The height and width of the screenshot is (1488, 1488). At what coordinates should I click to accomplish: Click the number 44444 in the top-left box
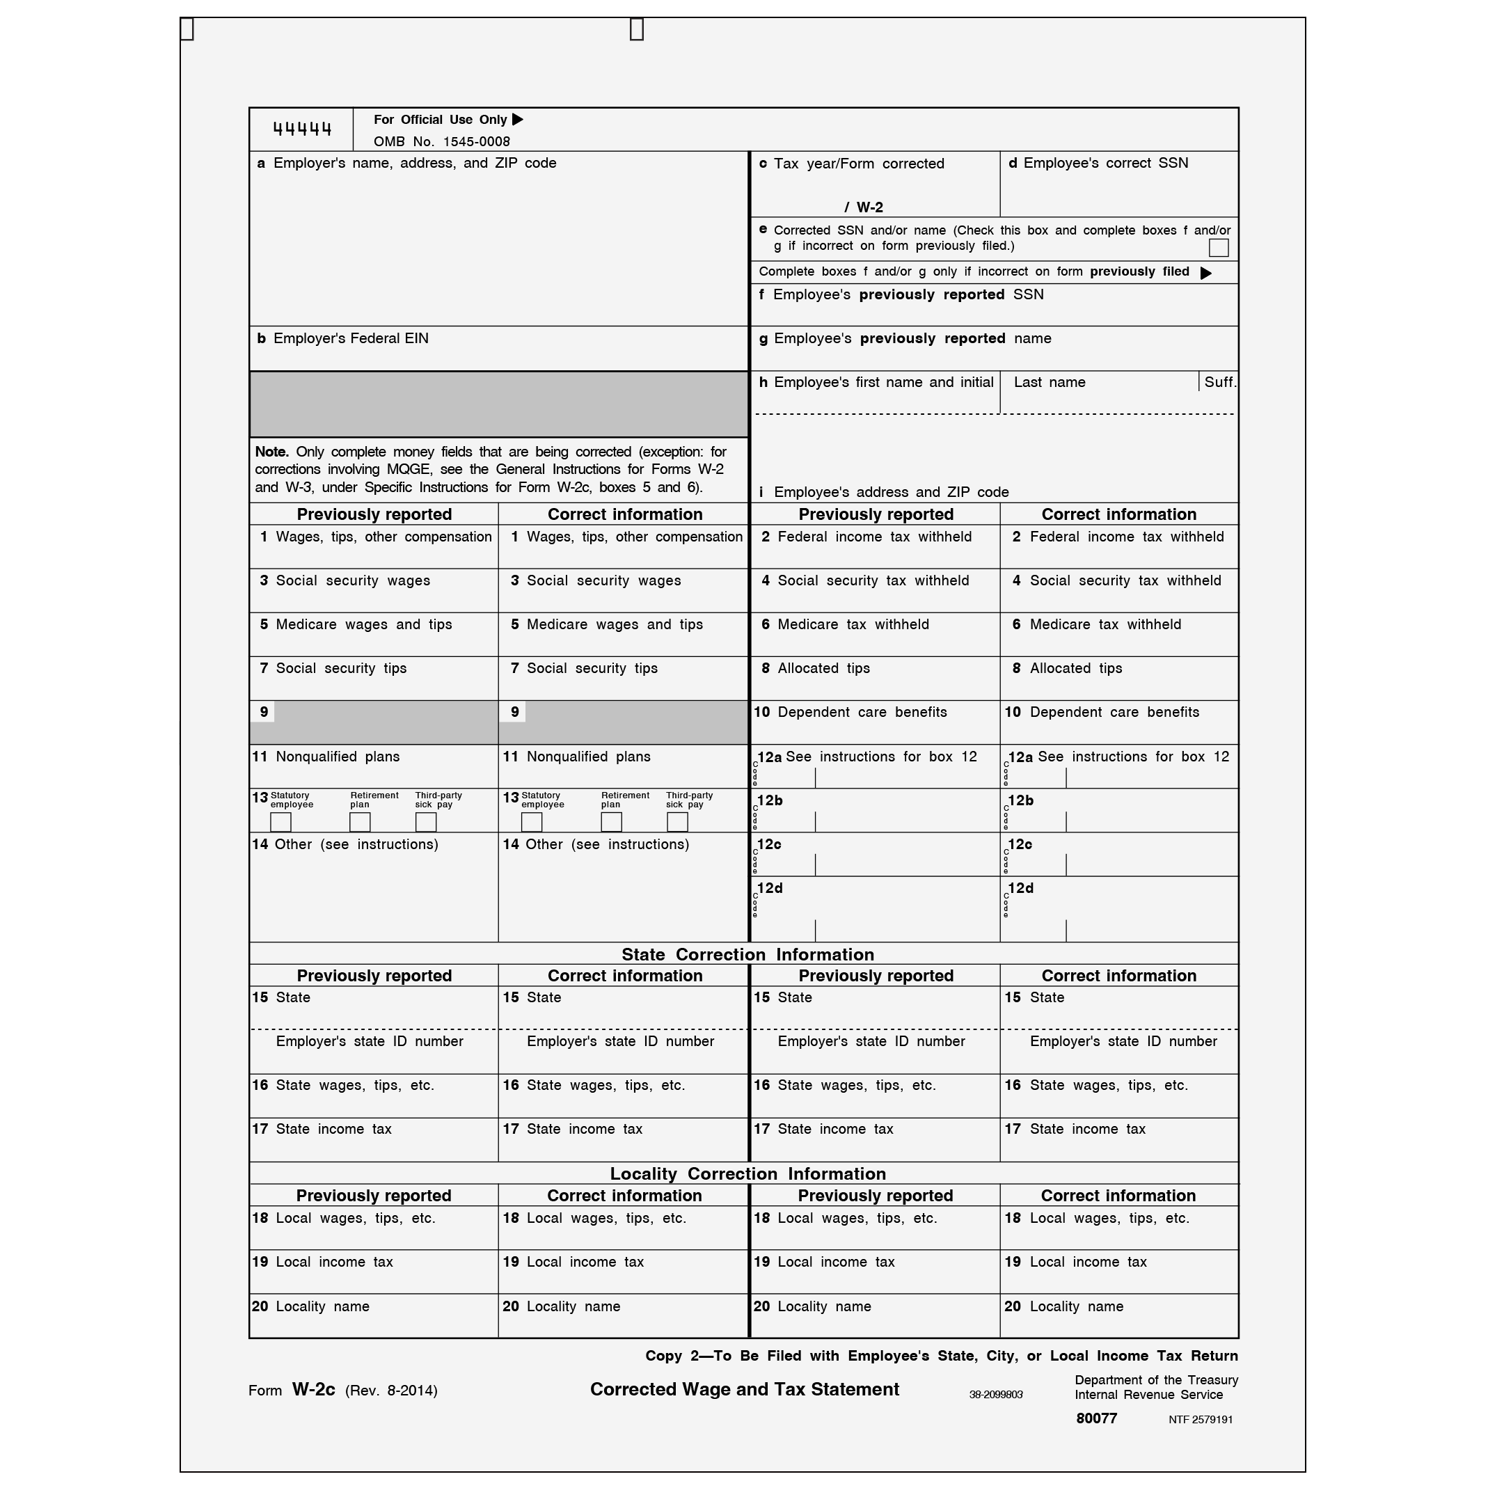pos(302,129)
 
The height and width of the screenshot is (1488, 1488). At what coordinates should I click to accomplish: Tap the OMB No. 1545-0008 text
pos(441,142)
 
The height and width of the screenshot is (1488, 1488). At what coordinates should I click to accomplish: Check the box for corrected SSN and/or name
pos(1218,247)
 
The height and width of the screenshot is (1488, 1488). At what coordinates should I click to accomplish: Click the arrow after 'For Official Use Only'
pos(518,120)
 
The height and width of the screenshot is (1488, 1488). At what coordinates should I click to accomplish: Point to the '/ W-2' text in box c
pos(864,207)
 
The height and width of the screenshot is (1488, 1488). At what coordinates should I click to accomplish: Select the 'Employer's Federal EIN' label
pos(351,338)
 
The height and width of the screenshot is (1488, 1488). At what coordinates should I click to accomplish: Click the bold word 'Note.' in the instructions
pos(272,451)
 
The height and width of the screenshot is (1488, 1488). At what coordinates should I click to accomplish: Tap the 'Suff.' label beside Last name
pos(1219,382)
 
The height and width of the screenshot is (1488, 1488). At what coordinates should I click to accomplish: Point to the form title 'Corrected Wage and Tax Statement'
pos(744,1389)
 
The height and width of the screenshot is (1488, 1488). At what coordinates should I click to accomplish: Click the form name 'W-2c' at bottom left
pos(313,1389)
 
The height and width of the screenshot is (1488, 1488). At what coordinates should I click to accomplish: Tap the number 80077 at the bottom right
pos(1096,1418)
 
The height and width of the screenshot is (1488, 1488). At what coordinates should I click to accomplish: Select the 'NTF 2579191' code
pos(1200,1420)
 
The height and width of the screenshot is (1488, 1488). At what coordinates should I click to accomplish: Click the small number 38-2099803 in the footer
pos(995,1395)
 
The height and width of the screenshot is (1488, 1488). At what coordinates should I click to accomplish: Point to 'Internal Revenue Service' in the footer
pos(1148,1395)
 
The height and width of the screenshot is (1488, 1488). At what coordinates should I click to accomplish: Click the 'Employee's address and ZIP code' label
pos(891,492)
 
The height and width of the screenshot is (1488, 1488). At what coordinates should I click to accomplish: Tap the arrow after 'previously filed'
pos(1205,273)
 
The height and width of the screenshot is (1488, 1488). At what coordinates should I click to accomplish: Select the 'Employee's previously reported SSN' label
pos(908,295)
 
